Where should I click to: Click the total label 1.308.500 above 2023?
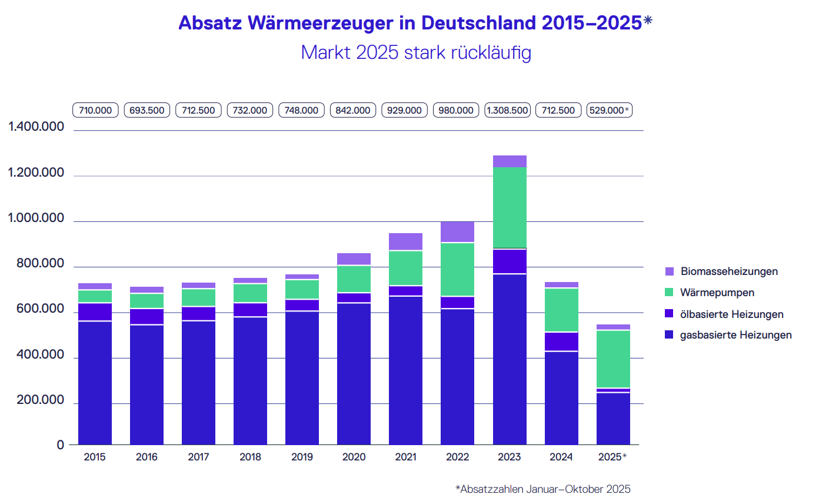click(507, 110)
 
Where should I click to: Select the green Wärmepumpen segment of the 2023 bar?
click(510, 207)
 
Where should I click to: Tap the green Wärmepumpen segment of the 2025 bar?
click(613, 359)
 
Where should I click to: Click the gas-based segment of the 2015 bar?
click(95, 383)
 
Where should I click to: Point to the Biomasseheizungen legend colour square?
click(669, 271)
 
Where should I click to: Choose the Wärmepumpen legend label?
click(717, 293)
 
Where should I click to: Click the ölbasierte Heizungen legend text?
click(731, 314)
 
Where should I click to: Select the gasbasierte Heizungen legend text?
click(735, 335)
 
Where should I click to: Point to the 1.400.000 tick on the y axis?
click(36, 127)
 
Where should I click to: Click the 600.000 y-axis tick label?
click(36, 309)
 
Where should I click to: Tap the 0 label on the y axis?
click(61, 445)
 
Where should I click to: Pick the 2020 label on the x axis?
click(354, 457)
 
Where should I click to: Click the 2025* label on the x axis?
click(612, 457)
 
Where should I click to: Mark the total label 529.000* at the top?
click(609, 110)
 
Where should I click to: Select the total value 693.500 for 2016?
click(147, 110)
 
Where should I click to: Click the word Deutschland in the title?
click(478, 22)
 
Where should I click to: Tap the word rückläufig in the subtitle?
click(491, 52)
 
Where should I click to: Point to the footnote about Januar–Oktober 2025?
click(542, 489)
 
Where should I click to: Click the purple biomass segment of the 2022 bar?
click(457, 232)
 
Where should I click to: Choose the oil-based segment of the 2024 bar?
click(561, 341)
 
